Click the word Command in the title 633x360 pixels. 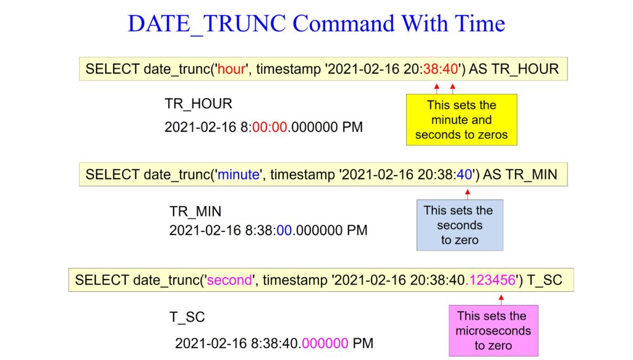pyautogui.click(x=344, y=24)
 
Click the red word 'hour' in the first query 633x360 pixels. pyautogui.click(x=231, y=69)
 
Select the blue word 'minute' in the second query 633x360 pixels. pyautogui.click(x=239, y=174)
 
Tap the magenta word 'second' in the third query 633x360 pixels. pyautogui.click(x=229, y=280)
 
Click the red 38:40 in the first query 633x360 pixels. pyautogui.click(x=440, y=69)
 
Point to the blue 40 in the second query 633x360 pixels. pyautogui.click(x=464, y=174)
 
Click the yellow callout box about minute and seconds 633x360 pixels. pyautogui.click(x=461, y=119)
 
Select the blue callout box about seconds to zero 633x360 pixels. pyautogui.click(x=460, y=225)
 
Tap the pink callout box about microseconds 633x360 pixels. pyautogui.click(x=493, y=330)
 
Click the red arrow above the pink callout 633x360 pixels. pyautogui.click(x=501, y=300)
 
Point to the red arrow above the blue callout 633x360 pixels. pyautogui.click(x=467, y=194)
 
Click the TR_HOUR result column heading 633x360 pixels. pyautogui.click(x=198, y=104)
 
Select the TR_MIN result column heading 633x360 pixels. pyautogui.click(x=195, y=212)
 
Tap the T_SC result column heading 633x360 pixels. pyautogui.click(x=187, y=317)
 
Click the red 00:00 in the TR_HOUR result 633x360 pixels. pyautogui.click(x=270, y=127)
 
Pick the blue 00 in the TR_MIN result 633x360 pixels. pyautogui.click(x=284, y=230)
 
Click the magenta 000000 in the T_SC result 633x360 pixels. pyautogui.click(x=325, y=343)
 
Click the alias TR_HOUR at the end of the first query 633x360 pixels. pyautogui.click(x=525, y=69)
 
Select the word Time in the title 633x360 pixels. pyautogui.click(x=480, y=24)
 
